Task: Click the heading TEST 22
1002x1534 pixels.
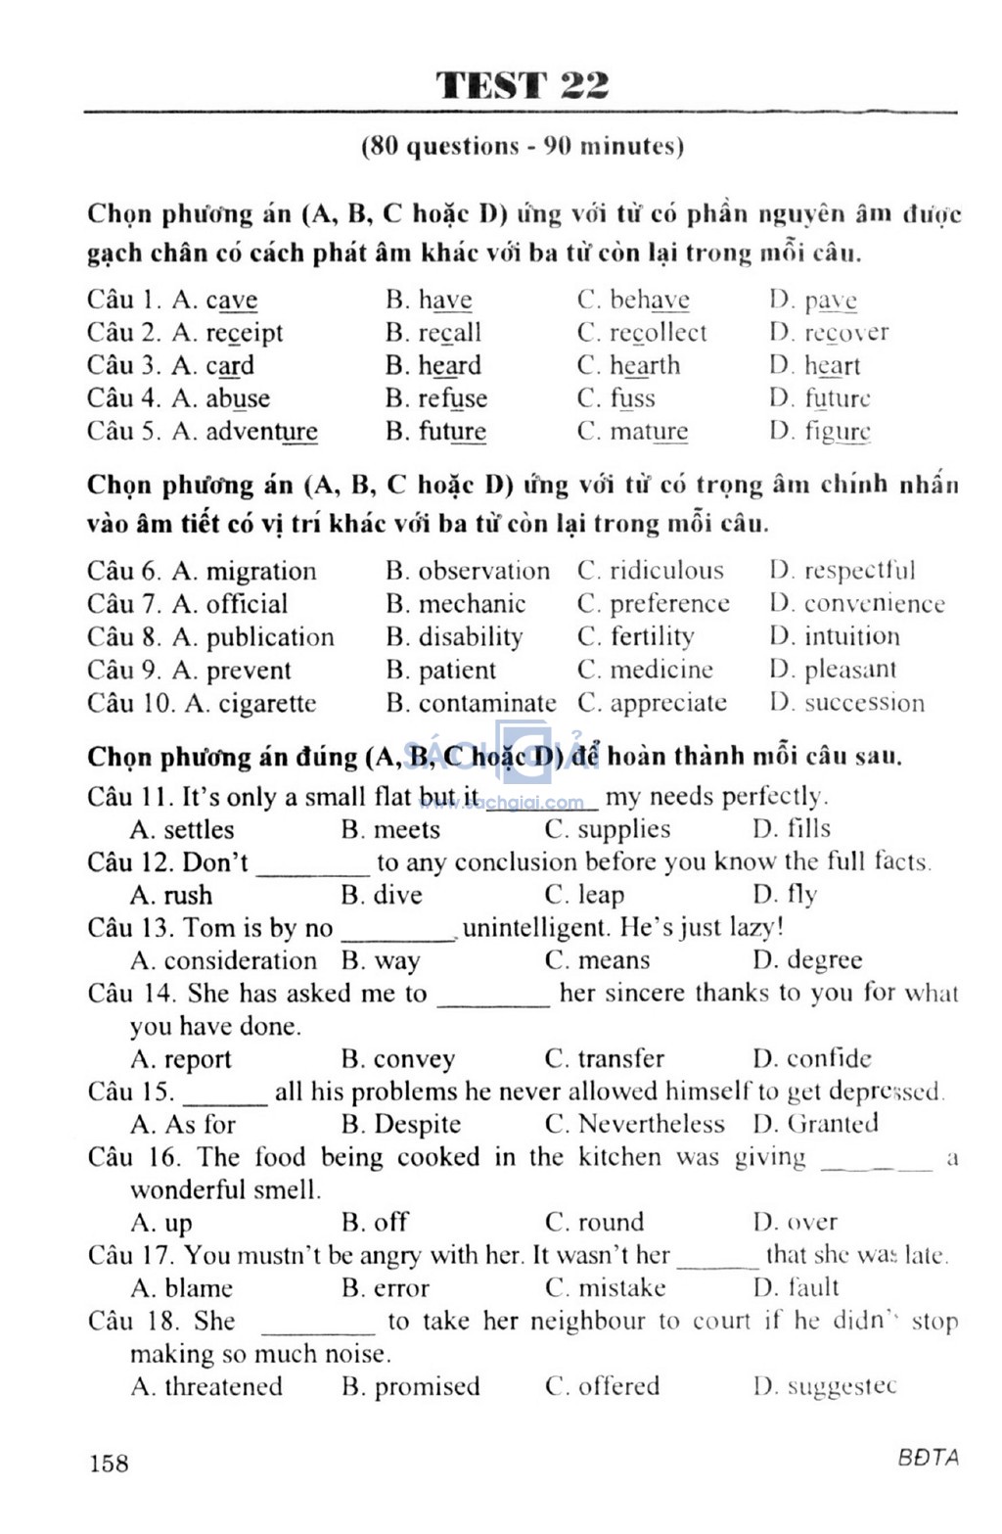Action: pyautogui.click(x=523, y=86)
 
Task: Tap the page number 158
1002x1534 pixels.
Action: pyautogui.click(x=109, y=1463)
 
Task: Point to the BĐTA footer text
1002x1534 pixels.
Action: pyautogui.click(x=928, y=1457)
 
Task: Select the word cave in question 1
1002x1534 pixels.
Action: pyautogui.click(x=231, y=300)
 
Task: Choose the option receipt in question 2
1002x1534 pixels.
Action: pyautogui.click(x=244, y=333)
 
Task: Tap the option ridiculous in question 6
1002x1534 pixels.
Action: pyautogui.click(x=666, y=571)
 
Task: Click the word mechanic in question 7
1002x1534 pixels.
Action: pyautogui.click(x=472, y=604)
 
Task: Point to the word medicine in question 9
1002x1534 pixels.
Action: pyautogui.click(x=661, y=670)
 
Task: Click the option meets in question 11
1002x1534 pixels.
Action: pyautogui.click(x=406, y=829)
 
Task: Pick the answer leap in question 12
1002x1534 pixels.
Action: pyautogui.click(x=600, y=895)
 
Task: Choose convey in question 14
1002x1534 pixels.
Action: pyautogui.click(x=414, y=1059)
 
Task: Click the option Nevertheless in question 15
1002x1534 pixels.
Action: pyautogui.click(x=651, y=1124)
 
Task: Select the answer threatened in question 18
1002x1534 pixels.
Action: pyautogui.click(x=223, y=1386)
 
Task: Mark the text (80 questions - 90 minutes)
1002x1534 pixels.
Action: pyautogui.click(x=523, y=147)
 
